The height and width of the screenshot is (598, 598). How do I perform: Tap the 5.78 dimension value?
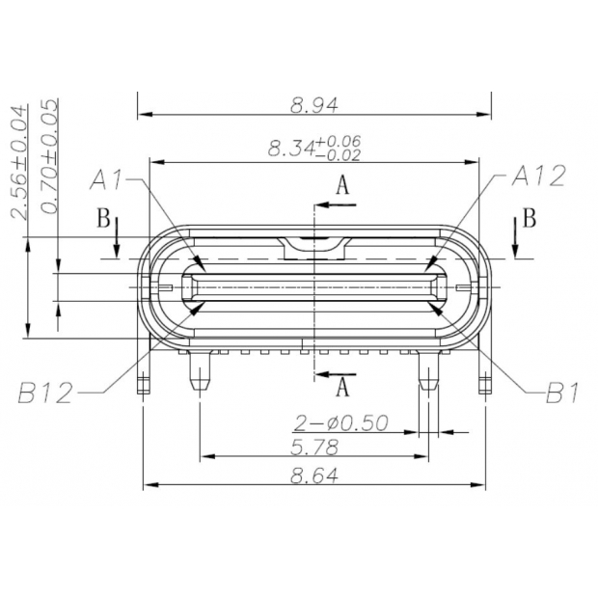[x=314, y=447]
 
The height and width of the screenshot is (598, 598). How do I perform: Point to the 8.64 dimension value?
[x=314, y=475]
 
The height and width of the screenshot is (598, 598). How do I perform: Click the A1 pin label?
[x=109, y=178]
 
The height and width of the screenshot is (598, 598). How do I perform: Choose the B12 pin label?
[x=45, y=393]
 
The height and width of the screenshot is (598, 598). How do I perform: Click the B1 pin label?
[x=564, y=393]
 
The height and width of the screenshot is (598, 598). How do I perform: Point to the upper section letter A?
[x=342, y=187]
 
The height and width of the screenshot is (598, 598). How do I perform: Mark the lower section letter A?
[x=342, y=388]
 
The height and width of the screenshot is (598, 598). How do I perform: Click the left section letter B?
[x=103, y=218]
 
